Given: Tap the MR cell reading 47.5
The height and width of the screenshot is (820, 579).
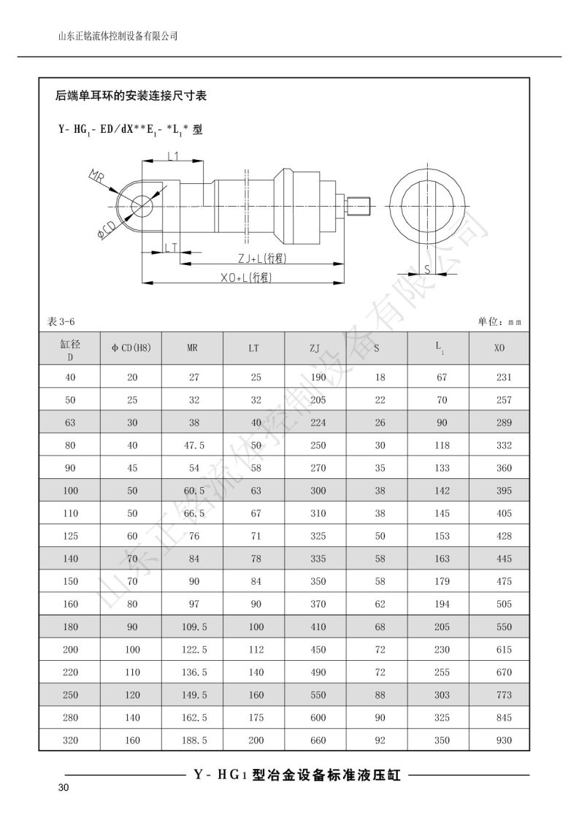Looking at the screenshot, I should coord(193,445).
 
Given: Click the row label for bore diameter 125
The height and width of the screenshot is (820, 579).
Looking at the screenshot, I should coord(70,536).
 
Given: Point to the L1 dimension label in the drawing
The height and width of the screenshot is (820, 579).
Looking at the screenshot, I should coord(173,156).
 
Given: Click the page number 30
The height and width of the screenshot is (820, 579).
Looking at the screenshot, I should coord(63,788).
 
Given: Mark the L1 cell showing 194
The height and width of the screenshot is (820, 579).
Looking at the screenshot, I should coord(442,604).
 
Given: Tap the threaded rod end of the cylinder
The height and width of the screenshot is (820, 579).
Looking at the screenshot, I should coord(361,206).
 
